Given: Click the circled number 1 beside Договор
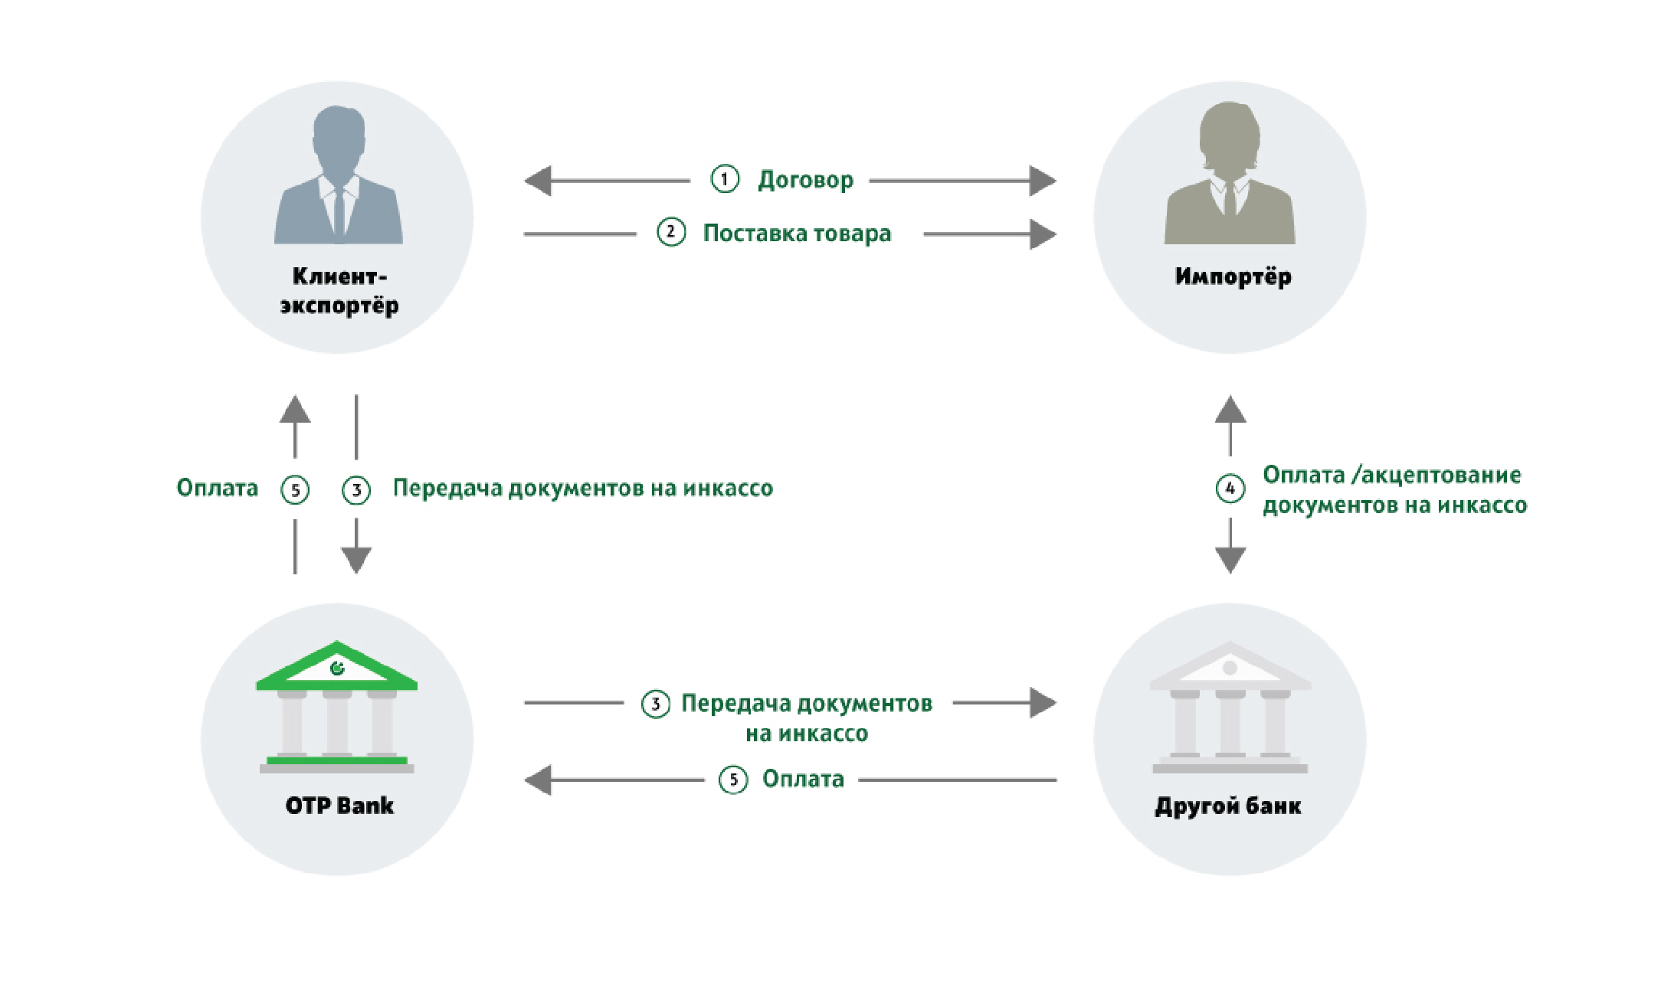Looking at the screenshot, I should (724, 179).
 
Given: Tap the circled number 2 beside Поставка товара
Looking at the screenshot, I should (671, 232).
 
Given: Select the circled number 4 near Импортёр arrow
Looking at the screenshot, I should (1230, 489).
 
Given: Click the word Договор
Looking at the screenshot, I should (805, 180).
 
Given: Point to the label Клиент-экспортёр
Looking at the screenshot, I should (339, 290).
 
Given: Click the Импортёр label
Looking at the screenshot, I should (1233, 276).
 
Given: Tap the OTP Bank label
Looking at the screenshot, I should (339, 806).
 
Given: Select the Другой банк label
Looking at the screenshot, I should (1228, 806).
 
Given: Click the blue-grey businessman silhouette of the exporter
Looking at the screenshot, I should (339, 176).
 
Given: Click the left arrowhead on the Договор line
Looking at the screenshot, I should (538, 181).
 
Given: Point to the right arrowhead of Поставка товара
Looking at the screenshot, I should (1043, 234).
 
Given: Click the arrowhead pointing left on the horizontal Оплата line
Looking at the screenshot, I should (538, 780).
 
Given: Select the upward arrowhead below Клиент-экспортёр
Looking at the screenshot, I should (295, 409).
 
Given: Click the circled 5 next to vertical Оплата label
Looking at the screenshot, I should (295, 490).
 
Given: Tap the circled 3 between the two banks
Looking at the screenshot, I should (656, 704).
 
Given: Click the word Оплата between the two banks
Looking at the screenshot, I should (803, 779).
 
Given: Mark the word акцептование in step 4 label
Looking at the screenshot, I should (1440, 475).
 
